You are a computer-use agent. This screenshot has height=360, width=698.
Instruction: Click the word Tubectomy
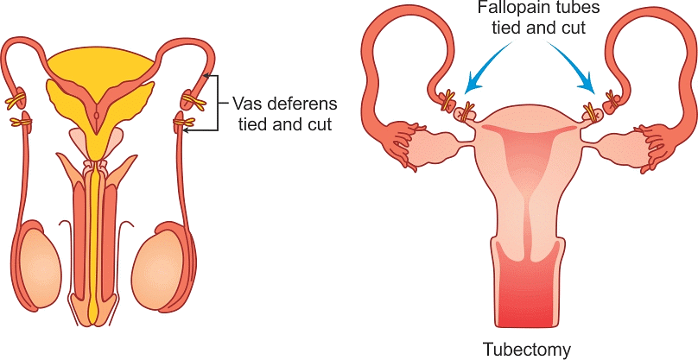click(527, 350)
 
